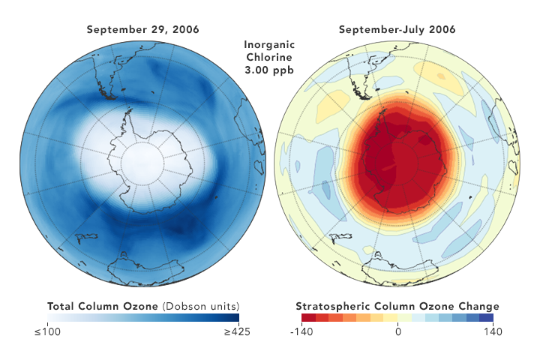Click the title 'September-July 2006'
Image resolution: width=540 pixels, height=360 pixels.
[397, 30]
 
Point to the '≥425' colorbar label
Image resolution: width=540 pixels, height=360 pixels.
[237, 332]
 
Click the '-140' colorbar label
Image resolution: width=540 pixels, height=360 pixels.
[301, 332]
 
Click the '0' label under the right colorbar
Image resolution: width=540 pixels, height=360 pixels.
[397, 332]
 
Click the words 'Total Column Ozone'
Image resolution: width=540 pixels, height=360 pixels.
[101, 306]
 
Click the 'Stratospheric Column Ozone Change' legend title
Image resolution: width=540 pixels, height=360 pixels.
[397, 306]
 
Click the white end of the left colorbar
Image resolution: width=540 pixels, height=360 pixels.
[51, 318]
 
